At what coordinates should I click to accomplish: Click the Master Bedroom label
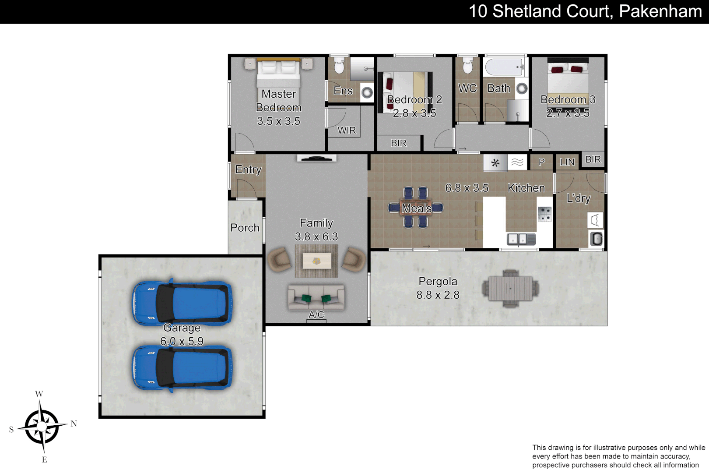[x=279, y=101]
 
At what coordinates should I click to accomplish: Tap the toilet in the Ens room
[x=339, y=67]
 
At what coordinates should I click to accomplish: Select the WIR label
[x=347, y=131]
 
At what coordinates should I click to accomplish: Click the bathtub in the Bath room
[x=505, y=67]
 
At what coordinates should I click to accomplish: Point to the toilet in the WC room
[x=467, y=67]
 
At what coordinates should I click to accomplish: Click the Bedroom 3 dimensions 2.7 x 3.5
[x=568, y=113]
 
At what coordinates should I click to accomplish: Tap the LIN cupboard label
[x=567, y=162]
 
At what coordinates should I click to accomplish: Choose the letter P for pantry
[x=541, y=162]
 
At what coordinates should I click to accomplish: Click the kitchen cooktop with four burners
[x=544, y=214]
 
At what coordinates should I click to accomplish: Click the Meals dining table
[x=416, y=208]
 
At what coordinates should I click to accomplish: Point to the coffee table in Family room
[x=316, y=261]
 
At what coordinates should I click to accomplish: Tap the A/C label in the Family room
[x=316, y=314]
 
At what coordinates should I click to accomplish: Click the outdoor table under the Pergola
[x=510, y=289]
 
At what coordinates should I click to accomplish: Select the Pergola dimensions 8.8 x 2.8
[x=438, y=295]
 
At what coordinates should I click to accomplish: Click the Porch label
[x=245, y=228]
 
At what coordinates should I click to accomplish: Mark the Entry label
[x=248, y=169]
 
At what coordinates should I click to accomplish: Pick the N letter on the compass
[x=74, y=424]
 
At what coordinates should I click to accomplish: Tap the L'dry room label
[x=579, y=198]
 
